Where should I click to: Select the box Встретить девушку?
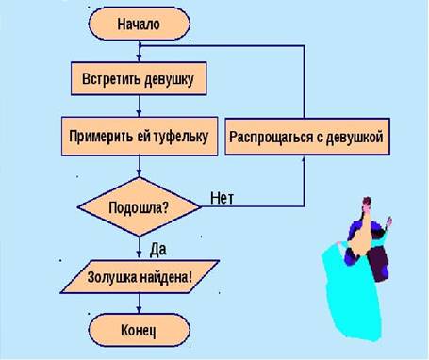tap(139, 79)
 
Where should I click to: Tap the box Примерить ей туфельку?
tap(139, 136)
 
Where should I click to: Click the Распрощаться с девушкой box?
tap(306, 137)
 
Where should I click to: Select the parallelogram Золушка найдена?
tap(140, 277)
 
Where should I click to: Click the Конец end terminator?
tap(139, 330)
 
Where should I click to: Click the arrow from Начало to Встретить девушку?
tap(139, 51)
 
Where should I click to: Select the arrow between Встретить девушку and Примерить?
tap(139, 106)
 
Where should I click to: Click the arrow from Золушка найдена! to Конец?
tap(140, 303)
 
